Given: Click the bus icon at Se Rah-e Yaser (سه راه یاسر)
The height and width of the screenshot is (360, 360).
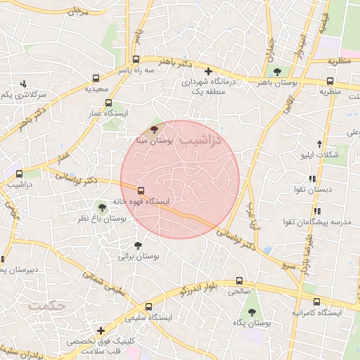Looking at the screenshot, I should pyautogui.click(x=145, y=60).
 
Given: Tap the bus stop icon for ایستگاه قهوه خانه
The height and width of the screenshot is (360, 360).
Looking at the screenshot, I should pyautogui.click(x=141, y=190).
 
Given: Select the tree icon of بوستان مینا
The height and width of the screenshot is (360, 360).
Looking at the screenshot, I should pyautogui.click(x=155, y=129).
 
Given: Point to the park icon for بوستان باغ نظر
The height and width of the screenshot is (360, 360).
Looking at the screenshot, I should pyautogui.click(x=103, y=207).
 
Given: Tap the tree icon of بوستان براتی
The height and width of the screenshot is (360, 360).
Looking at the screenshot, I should pyautogui.click(x=138, y=245).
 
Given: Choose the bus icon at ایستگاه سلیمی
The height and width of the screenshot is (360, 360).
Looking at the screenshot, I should pyautogui.click(x=148, y=306).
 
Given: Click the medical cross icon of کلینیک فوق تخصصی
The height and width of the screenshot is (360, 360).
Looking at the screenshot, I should pyautogui.click(x=102, y=330).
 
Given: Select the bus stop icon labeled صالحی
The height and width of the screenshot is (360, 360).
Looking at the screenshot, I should pyautogui.click(x=240, y=279).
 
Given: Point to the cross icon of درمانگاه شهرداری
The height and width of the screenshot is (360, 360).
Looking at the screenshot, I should pyautogui.click(x=208, y=71).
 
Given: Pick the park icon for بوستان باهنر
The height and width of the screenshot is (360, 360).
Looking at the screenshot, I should pyautogui.click(x=277, y=71).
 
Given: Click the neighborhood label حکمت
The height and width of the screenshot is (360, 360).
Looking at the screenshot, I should pyautogui.click(x=47, y=307).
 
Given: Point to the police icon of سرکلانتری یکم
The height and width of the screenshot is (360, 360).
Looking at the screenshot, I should pyautogui.click(x=24, y=84).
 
